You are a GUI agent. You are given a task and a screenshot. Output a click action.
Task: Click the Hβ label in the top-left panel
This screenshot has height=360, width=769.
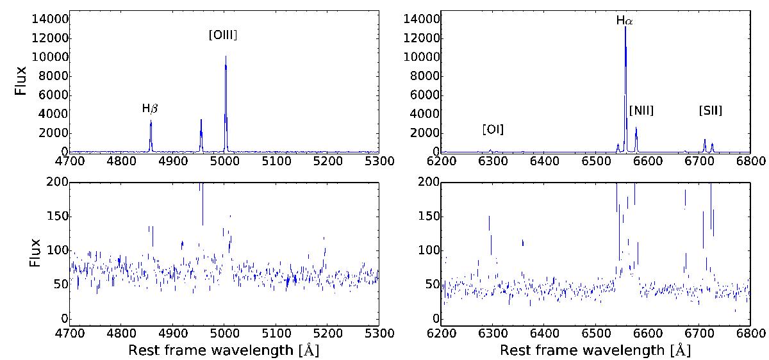pyautogui.click(x=150, y=109)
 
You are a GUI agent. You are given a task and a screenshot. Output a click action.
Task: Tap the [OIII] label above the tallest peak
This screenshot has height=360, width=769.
pyautogui.click(x=223, y=37)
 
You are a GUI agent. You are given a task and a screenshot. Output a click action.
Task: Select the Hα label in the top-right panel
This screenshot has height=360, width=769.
pyautogui.click(x=624, y=20)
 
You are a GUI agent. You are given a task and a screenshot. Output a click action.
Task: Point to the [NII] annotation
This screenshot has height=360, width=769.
pyautogui.click(x=641, y=111)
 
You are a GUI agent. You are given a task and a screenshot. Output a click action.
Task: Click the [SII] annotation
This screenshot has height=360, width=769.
pyautogui.click(x=711, y=111)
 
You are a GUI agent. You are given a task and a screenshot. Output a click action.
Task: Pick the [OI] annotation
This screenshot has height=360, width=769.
pyautogui.click(x=493, y=130)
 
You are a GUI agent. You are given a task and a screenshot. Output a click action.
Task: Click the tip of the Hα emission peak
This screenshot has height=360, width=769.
pyautogui.click(x=625, y=27)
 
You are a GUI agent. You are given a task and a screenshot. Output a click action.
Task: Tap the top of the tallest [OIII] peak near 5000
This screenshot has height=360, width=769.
pyautogui.click(x=226, y=56)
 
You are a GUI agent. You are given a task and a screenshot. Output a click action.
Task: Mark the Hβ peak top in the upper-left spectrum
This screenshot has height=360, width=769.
pyautogui.click(x=151, y=120)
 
